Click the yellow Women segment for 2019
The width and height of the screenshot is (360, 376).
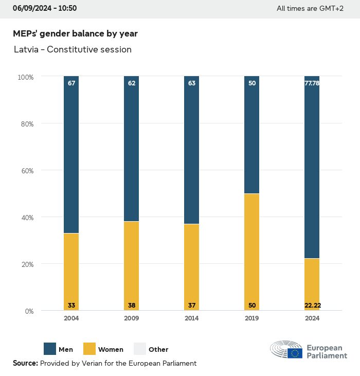pyautogui.click(x=252, y=252)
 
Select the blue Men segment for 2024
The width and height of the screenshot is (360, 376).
pyautogui.click(x=312, y=167)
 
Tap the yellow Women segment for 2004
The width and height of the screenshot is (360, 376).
pyautogui.click(x=71, y=272)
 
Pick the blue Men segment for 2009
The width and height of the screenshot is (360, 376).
pyautogui.click(x=132, y=149)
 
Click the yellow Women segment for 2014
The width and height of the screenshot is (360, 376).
pyautogui.click(x=192, y=267)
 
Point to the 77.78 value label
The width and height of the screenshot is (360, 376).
pyautogui.click(x=312, y=83)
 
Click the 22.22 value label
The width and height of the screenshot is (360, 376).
pyautogui.click(x=312, y=306)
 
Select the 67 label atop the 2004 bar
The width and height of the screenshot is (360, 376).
pyautogui.click(x=71, y=83)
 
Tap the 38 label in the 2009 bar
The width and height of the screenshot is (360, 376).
pyautogui.click(x=132, y=306)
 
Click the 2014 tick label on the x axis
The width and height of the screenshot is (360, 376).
pyautogui.click(x=192, y=318)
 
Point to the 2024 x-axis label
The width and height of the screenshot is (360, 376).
pyautogui.click(x=312, y=318)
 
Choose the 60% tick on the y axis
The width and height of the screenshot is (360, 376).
pyautogui.click(x=26, y=170)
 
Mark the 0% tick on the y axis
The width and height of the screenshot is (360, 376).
pyautogui.click(x=29, y=311)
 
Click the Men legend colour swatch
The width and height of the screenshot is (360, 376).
pyautogui.click(x=50, y=349)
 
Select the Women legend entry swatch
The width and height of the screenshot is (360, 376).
pyautogui.click(x=89, y=349)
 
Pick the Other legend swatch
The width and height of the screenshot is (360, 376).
pyautogui.click(x=140, y=349)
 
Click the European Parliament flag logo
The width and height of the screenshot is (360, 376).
pyautogui.click(x=295, y=353)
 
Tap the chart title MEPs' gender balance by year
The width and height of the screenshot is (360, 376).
pyautogui.click(x=75, y=33)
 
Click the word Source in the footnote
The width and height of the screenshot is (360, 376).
pyautogui.click(x=25, y=363)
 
